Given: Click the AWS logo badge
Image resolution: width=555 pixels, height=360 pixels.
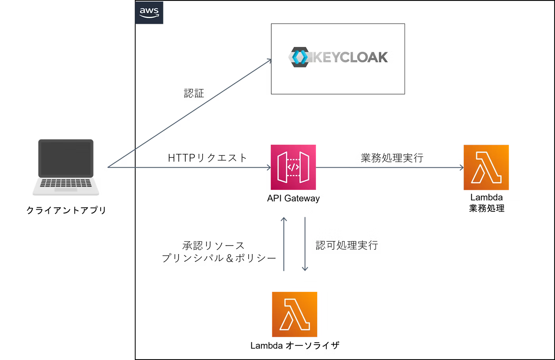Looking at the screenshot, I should click(x=149, y=13).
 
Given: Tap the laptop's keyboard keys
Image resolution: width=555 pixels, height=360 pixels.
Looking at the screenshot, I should click(x=67, y=183).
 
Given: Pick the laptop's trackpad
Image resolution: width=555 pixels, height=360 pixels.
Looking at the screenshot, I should click(x=66, y=190).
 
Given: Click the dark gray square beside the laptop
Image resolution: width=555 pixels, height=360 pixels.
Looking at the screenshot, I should click(x=117, y=191).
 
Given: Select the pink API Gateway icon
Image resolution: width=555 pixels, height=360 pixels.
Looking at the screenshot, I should click(x=293, y=167).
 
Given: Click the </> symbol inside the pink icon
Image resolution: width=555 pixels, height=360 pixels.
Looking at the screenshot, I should click(x=293, y=167).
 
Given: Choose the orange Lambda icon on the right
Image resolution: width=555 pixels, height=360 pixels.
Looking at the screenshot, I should click(x=486, y=167).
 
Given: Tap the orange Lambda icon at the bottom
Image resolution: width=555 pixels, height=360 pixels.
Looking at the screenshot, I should click(x=295, y=314).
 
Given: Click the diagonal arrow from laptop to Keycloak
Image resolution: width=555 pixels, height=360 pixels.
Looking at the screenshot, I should click(x=186, y=114).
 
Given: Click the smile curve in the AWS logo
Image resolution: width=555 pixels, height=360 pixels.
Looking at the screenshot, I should click(x=149, y=16).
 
